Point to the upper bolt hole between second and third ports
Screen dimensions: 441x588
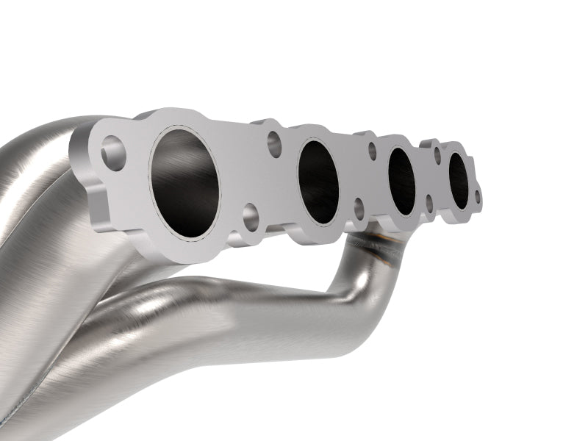click(372, 150)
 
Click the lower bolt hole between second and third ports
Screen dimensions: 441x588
click(359, 208)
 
